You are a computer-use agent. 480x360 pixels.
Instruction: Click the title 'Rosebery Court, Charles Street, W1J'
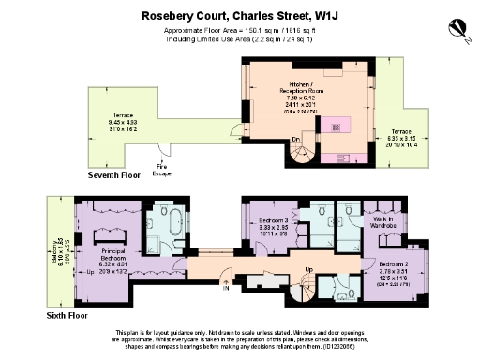point(239,15)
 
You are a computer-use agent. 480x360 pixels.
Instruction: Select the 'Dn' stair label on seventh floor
point(296,139)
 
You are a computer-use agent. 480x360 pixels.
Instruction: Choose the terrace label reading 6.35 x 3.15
point(401,137)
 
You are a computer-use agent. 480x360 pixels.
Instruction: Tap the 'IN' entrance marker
point(225,288)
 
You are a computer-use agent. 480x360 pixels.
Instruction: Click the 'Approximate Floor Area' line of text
point(239,29)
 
